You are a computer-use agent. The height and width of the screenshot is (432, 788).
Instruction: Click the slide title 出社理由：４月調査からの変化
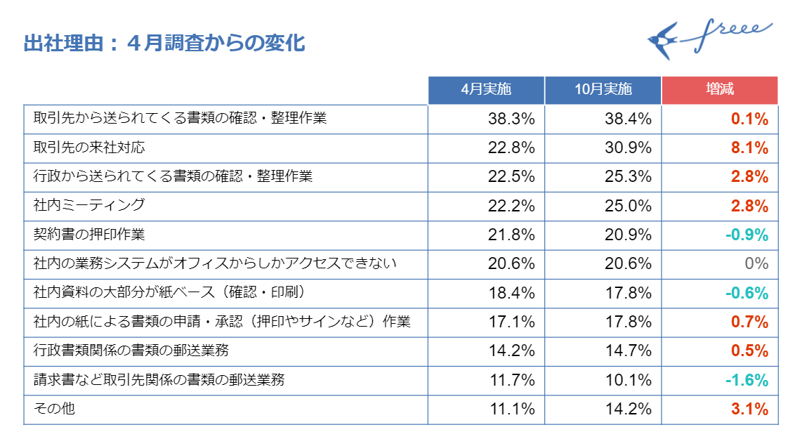tap(164, 44)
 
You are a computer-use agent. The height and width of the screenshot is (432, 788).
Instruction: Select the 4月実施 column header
tap(486, 89)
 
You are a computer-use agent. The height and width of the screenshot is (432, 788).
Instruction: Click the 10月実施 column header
tap(603, 89)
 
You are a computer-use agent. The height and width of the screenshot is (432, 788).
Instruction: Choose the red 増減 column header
tap(720, 89)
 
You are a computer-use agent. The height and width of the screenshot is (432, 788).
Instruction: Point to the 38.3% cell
tap(511, 119)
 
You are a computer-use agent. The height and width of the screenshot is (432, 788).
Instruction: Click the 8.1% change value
tap(749, 148)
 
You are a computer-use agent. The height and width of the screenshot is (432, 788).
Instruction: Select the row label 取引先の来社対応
tap(90, 148)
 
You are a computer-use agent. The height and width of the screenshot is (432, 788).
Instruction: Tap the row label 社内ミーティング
tap(89, 205)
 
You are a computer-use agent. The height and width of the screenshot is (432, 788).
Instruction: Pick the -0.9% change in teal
tap(746, 235)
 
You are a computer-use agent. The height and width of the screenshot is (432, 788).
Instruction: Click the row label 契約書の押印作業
tap(89, 234)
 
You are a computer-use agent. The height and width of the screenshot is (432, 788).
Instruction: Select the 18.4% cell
tap(511, 293)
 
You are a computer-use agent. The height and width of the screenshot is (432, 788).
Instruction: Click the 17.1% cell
tap(511, 322)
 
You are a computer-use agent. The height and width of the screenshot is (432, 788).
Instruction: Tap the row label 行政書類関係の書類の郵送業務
tap(131, 350)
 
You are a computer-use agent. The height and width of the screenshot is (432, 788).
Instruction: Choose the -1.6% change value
tap(746, 380)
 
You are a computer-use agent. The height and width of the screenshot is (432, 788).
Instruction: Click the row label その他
tap(54, 408)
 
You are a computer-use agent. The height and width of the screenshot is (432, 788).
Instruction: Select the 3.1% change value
tap(749, 409)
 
